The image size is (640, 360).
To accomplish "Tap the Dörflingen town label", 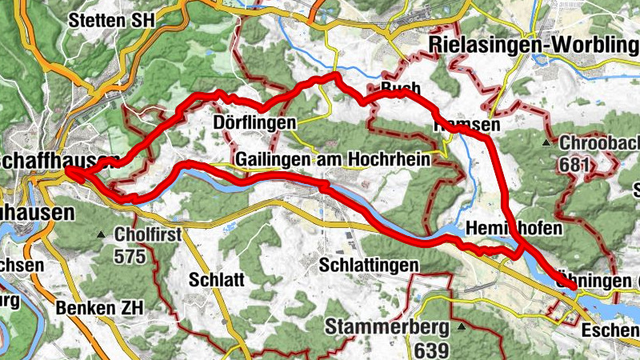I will coord(244,123).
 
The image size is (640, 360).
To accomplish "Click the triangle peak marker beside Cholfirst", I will coord(100,235).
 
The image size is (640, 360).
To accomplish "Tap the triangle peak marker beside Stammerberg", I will coord(462,327).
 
